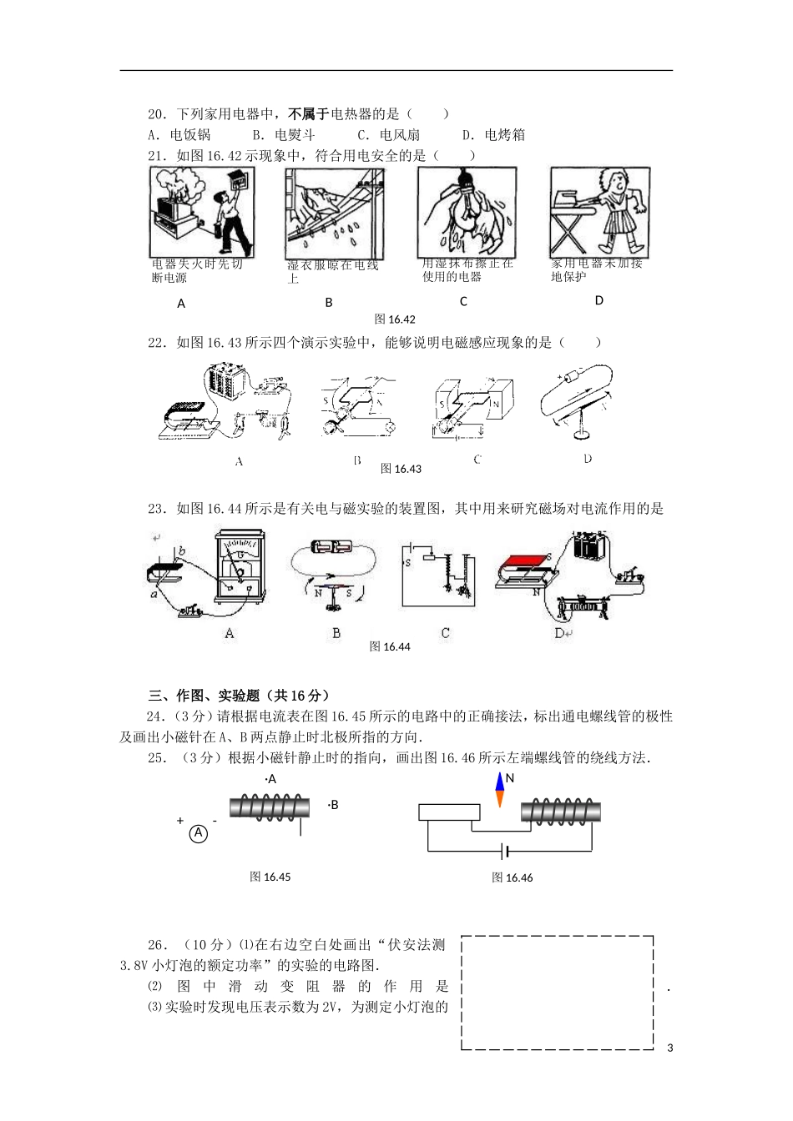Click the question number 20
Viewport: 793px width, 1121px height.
(156, 114)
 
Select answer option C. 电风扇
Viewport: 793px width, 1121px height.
(388, 135)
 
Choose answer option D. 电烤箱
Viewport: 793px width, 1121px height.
(493, 135)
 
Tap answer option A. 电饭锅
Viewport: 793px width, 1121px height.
(179, 135)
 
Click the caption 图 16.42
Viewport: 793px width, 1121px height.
(395, 319)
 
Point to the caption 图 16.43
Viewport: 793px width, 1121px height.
(401, 469)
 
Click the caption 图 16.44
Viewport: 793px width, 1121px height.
(390, 646)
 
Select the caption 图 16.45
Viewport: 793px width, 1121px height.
(270, 877)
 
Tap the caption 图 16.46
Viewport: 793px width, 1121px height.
(512, 877)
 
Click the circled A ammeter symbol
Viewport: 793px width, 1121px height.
(198, 833)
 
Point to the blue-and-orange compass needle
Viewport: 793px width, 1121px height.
(499, 791)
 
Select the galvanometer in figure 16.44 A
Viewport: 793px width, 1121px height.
(240, 567)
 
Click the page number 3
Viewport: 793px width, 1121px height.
(669, 1048)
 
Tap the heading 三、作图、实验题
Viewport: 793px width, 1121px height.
(239, 696)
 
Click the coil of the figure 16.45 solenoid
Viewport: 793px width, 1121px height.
(269, 806)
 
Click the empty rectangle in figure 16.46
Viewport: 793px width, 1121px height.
(449, 812)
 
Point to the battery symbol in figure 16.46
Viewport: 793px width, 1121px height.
(504, 852)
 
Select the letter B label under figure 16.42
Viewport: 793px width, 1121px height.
(329, 303)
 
